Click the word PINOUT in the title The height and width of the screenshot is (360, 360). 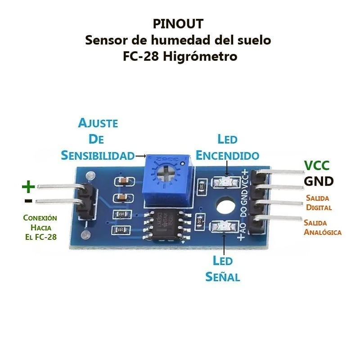coord(178,23)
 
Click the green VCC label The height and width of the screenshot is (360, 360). coord(317,166)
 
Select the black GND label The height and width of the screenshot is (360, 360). coord(319,181)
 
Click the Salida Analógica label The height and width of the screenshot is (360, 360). coord(322,227)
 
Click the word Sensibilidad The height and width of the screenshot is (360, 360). coord(98,155)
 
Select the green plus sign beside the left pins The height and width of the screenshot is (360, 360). coord(28,185)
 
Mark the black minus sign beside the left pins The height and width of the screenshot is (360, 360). coord(28,200)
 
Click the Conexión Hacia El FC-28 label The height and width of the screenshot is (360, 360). coord(40,227)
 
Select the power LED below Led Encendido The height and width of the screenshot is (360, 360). coord(225,182)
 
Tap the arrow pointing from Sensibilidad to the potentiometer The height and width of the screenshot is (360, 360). coord(141,156)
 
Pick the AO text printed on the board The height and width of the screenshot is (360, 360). coord(243,229)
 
